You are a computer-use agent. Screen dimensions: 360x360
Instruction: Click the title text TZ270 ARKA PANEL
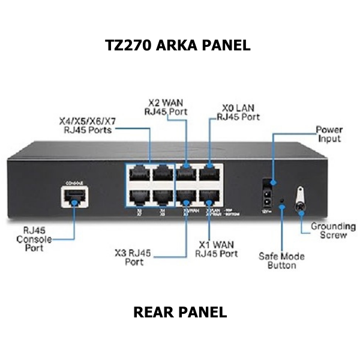point(178,46)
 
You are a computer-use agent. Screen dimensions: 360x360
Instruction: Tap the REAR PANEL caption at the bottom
point(180,312)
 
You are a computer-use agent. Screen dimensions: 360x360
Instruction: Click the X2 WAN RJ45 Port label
point(166,106)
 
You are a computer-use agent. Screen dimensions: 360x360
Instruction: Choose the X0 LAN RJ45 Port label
point(238,112)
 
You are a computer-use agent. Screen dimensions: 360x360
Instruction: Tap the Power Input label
point(329,134)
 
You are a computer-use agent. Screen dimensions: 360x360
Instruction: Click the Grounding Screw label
point(332,231)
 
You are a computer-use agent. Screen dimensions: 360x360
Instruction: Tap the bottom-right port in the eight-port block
point(210,197)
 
